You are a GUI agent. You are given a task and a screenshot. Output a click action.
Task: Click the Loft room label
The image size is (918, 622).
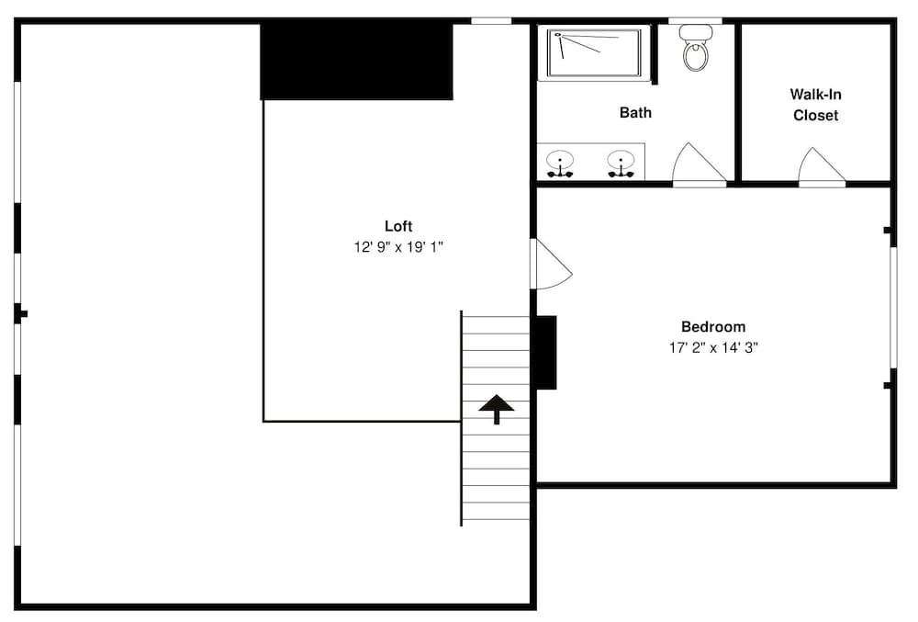[398, 226]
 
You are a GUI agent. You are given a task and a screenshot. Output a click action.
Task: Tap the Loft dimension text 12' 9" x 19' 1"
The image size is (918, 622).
[398, 247]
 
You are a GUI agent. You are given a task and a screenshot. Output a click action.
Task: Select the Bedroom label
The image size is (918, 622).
[713, 326]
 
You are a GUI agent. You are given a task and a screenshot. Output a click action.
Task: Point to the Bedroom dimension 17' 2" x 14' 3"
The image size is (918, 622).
[713, 348]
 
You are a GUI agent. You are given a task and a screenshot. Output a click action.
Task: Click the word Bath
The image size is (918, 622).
[635, 113]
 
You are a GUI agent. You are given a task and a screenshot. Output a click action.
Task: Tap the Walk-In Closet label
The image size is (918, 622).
[816, 105]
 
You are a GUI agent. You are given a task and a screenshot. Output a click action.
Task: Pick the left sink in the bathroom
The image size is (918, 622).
[560, 163]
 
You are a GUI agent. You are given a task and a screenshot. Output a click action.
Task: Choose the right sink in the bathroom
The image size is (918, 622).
[621, 163]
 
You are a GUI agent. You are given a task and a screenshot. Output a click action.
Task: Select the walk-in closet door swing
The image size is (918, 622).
[820, 166]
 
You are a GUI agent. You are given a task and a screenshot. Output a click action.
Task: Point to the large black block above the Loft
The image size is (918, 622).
[357, 61]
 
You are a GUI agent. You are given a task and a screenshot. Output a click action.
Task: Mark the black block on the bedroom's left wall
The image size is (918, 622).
[545, 352]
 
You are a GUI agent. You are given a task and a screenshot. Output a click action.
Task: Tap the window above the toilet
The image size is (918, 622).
[695, 20]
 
